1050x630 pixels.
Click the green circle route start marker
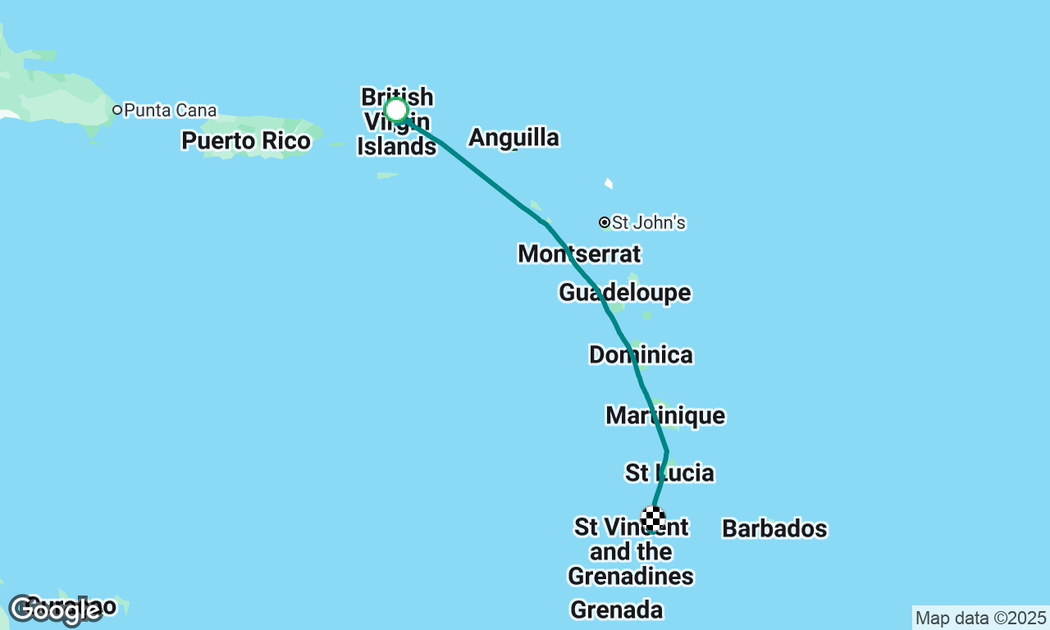click(x=396, y=110)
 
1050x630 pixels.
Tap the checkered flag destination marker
click(x=654, y=519)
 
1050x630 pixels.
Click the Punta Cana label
click(x=171, y=110)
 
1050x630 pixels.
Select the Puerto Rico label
click(x=246, y=141)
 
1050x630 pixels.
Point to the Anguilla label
click(x=514, y=138)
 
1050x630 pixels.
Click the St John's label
click(x=648, y=222)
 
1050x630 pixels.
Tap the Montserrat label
click(x=579, y=253)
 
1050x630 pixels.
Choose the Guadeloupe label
click(x=624, y=292)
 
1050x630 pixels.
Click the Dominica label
click(x=641, y=354)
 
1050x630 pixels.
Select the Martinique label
click(x=665, y=415)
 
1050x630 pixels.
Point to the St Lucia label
click(x=669, y=472)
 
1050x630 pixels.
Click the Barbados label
click(x=774, y=529)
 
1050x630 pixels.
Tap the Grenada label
click(x=616, y=609)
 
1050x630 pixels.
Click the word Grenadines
click(x=631, y=577)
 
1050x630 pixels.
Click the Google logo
click(x=56, y=609)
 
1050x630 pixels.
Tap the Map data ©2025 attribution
click(x=980, y=618)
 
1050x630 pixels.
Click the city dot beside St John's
click(x=605, y=222)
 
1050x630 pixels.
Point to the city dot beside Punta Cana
click(x=117, y=110)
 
